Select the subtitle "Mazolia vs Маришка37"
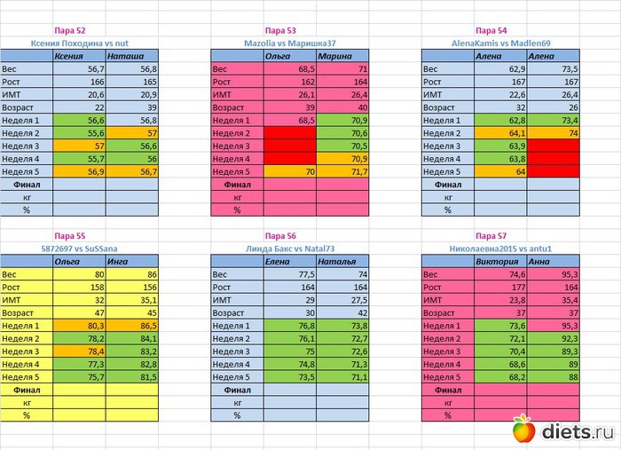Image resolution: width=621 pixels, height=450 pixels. [x=289, y=42]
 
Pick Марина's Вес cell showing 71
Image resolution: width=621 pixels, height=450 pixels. [x=342, y=68]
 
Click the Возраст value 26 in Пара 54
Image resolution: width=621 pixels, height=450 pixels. [x=553, y=107]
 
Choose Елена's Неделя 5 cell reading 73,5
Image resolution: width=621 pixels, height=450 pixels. [x=290, y=376]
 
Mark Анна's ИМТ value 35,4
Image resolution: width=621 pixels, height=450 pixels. [x=553, y=300]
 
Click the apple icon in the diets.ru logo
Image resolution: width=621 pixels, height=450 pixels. [x=525, y=431]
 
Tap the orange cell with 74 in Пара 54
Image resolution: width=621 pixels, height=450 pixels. [x=553, y=132]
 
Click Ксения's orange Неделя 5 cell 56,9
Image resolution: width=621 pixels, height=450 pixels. [x=79, y=170]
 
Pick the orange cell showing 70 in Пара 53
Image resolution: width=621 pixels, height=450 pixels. [x=290, y=170]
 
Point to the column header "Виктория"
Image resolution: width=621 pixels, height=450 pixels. [x=500, y=262]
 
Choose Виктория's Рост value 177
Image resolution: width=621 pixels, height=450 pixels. [x=500, y=288]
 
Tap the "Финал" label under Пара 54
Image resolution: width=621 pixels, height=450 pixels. [x=448, y=184]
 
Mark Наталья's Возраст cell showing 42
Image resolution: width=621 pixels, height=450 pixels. [x=342, y=312]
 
